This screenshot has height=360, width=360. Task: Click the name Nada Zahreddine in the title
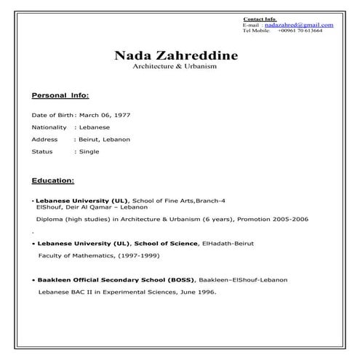175,55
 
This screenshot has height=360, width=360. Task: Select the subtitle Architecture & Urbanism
175,66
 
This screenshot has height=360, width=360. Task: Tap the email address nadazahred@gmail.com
298,25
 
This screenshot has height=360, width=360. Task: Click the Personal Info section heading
60,95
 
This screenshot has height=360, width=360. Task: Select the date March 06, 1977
104,115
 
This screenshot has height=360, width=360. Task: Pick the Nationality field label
49,127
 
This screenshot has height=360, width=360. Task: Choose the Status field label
42,151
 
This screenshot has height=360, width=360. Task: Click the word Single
89,151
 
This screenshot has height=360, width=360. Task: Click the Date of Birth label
53,115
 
